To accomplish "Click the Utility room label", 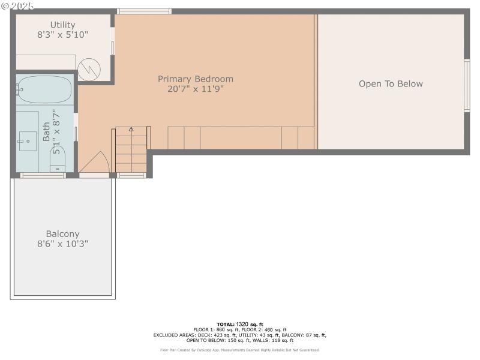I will (62, 25).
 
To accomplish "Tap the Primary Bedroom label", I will (196, 79).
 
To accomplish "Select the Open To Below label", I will (391, 84).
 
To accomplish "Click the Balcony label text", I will (62, 234).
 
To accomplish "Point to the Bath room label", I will (46, 131).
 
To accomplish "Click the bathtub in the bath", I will (44, 90).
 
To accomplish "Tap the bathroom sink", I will (28, 142).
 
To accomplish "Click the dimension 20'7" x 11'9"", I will (196, 89).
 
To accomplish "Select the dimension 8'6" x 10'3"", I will (62, 244).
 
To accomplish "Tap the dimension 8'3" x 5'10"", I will (62, 35).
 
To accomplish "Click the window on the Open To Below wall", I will (467, 86).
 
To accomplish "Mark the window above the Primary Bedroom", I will (144, 11).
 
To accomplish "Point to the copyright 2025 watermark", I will (17, 5).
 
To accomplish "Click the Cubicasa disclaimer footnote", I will (239, 350).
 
